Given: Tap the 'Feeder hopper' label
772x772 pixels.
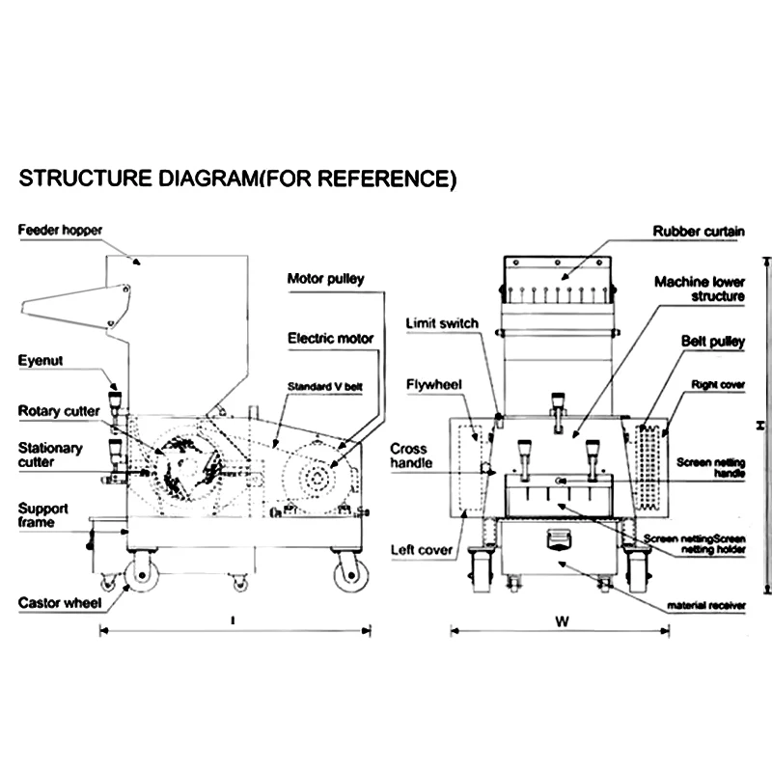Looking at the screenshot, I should click(60, 230).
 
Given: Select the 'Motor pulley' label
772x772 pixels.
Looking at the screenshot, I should click(325, 280).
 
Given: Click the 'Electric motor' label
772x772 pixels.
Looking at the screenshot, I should click(330, 339).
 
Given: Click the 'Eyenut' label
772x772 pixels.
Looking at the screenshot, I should click(41, 361).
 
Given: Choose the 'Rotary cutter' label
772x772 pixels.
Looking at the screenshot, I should click(58, 411).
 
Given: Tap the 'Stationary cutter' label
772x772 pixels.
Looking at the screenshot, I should click(50, 455).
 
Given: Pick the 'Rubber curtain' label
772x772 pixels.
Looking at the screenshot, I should click(698, 232).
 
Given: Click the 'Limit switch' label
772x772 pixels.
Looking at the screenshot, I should click(442, 323).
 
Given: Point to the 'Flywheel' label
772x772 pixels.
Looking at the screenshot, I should click(434, 384).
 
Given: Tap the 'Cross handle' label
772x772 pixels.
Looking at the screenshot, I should click(409, 456).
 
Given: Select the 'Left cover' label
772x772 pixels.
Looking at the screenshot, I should click(422, 550).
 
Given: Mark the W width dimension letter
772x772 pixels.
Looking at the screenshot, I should click(560, 622).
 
